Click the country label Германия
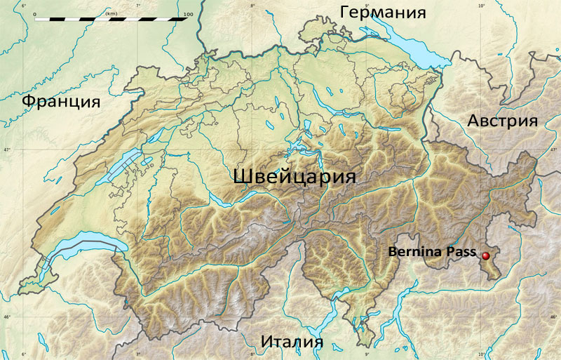click(x=383, y=13)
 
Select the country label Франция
click(x=60, y=101)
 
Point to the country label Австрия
click(x=502, y=121)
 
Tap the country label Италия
click(x=292, y=342)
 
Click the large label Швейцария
click(x=294, y=176)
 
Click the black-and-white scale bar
click(x=111, y=19)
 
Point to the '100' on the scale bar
click(x=187, y=13)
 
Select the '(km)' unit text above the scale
click(x=111, y=13)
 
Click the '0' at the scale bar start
click(x=34, y=13)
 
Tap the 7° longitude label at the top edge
click(x=138, y=5)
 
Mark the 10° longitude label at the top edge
click(x=481, y=5)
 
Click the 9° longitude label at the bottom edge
click(x=367, y=354)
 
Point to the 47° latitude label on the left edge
click(x=5, y=150)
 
